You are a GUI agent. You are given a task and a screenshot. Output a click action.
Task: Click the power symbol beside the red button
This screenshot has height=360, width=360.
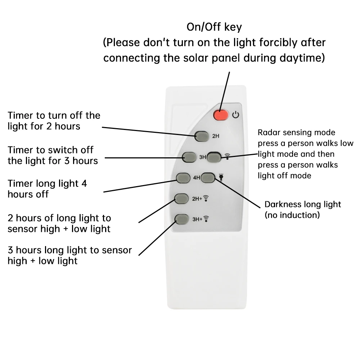click(235, 115)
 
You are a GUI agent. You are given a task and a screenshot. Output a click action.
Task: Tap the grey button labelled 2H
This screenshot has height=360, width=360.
click(202, 136)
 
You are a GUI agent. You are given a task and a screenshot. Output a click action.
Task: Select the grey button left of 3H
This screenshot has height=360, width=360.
click(189, 157)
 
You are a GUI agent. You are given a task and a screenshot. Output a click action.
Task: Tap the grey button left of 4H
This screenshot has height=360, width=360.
click(183, 177)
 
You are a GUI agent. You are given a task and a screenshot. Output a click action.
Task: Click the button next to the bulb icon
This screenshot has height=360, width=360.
click(208, 177)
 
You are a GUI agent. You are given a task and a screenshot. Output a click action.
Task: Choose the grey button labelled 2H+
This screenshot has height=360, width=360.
click(181, 198)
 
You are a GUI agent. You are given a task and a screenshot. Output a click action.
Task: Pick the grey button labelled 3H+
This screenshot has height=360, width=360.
click(181, 218)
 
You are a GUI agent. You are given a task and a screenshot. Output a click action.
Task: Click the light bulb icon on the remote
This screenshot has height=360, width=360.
click(221, 177)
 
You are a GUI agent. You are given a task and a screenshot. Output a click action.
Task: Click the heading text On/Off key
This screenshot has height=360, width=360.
click(214, 27)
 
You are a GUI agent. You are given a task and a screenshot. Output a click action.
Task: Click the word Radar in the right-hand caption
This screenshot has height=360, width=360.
click(267, 132)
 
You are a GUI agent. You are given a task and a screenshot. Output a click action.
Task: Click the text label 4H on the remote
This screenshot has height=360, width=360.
click(196, 177)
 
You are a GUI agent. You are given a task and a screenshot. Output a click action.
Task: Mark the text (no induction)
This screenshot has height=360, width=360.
click(292, 215)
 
